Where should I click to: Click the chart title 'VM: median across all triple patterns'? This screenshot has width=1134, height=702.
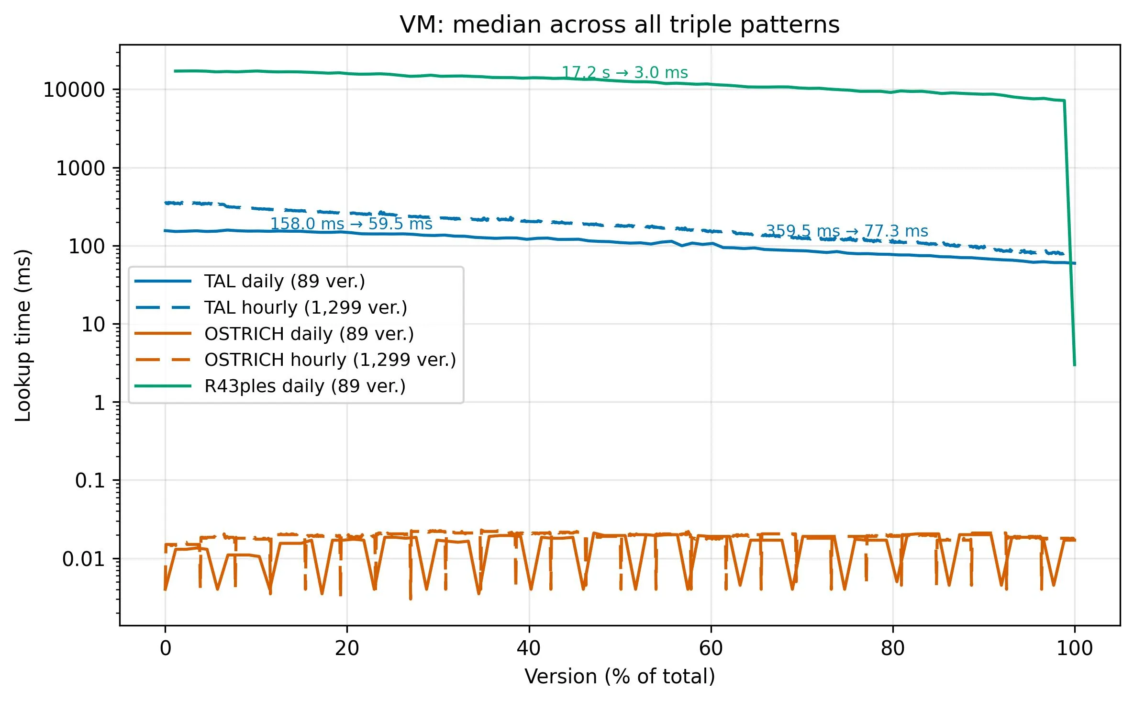tap(619, 25)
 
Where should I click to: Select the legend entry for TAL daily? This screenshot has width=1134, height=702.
tap(284, 282)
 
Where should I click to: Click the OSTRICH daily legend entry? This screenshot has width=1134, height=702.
tap(309, 334)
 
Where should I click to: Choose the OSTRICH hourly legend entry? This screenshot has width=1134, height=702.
tap(330, 360)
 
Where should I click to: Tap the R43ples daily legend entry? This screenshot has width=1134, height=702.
tap(304, 386)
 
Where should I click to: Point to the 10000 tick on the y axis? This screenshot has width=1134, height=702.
tap(74, 90)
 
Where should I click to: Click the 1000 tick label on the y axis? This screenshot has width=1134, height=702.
tap(80, 169)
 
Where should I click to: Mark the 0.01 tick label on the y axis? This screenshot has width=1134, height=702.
tap(83, 559)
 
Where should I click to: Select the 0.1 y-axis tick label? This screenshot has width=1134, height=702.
tap(89, 481)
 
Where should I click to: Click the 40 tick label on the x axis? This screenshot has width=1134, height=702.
tap(529, 648)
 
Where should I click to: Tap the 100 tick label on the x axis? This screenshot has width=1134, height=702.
tap(1075, 648)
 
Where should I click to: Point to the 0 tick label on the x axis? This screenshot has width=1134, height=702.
tap(165, 648)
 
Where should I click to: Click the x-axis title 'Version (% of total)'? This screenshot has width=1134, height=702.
tap(619, 677)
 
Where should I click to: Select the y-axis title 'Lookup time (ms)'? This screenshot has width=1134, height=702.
tap(23, 335)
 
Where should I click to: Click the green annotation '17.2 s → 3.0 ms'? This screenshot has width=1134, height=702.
tap(624, 73)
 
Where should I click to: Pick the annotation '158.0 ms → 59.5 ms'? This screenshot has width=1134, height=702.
tap(351, 224)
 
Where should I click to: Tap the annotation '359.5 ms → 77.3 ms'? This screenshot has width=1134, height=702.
tap(847, 231)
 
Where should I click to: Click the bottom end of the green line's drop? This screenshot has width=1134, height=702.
tap(1075, 365)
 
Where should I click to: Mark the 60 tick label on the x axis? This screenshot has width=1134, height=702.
tap(711, 648)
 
